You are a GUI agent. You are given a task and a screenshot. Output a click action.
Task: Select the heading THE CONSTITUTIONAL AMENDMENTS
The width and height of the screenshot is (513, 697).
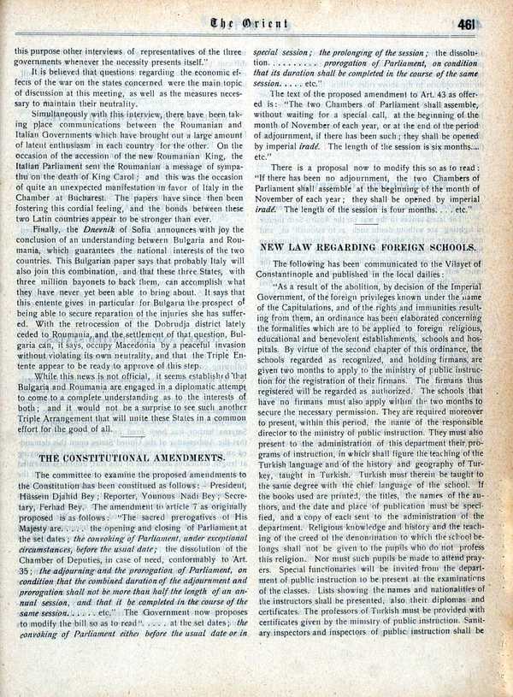click(x=132, y=457)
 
